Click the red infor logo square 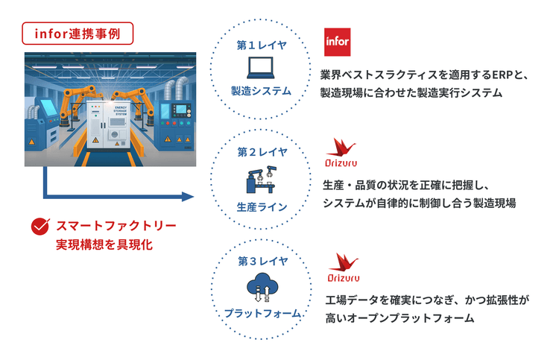coord(338,42)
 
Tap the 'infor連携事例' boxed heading coord(78,33)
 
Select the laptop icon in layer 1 coord(262,69)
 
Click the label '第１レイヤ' coord(262,45)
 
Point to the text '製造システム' coord(262,92)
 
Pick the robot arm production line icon coord(262,180)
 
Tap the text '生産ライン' coord(262,206)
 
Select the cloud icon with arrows coord(262,287)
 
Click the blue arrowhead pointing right coord(187,198)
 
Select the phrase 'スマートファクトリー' coord(116,225)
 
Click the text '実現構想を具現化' coord(104,244)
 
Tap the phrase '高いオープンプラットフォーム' coord(399,318)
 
